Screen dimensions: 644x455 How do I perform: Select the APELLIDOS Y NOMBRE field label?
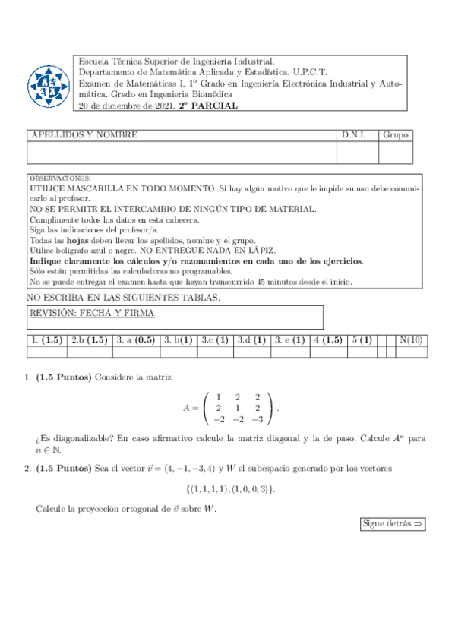tap(84, 135)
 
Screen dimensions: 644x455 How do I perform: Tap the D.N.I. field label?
tap(353, 135)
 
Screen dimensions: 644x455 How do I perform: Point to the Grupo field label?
tap(396, 135)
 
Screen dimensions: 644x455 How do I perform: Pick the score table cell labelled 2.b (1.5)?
tap(89, 340)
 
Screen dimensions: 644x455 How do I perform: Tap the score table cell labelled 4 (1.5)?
tap(328, 340)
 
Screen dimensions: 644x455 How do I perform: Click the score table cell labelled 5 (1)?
tap(362, 340)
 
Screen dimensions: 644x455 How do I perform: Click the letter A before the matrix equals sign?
tap(186, 408)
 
